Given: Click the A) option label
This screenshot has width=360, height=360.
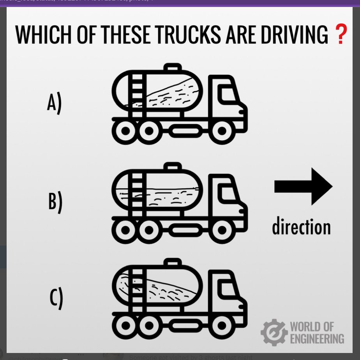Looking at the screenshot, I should pyautogui.click(x=54, y=104).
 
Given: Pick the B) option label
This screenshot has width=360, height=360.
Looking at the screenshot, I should pyautogui.click(x=55, y=202).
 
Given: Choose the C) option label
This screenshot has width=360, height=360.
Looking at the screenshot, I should pyautogui.click(x=56, y=298).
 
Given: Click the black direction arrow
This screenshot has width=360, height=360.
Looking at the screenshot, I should pyautogui.click(x=303, y=186).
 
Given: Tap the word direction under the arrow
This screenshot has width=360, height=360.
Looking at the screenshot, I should pyautogui.click(x=301, y=227).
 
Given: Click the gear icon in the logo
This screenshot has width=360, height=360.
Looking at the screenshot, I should pyautogui.click(x=274, y=332).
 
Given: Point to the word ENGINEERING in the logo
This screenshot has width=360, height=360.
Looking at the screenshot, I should pyautogui.click(x=317, y=338).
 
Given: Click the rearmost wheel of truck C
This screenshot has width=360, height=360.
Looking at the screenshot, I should pyautogui.click(x=125, y=326).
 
